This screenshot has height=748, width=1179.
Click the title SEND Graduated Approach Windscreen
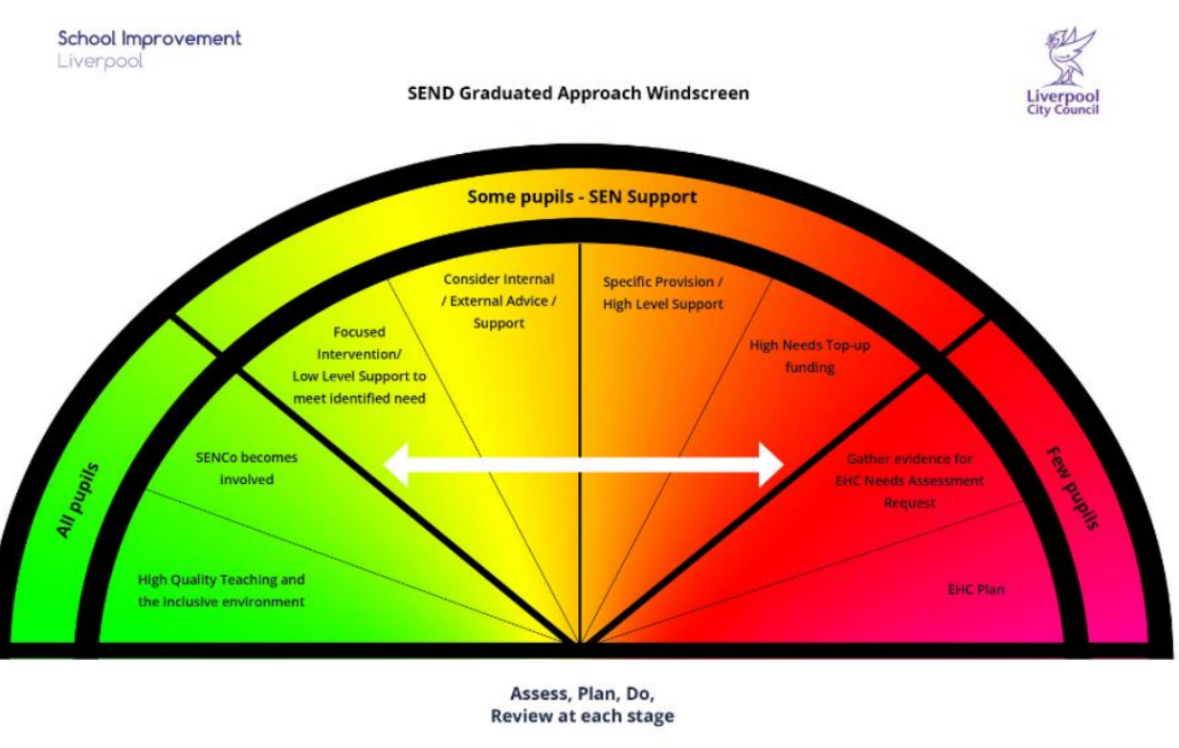(578, 93)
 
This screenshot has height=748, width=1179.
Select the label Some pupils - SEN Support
(582, 197)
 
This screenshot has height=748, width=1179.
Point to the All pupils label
(79, 499)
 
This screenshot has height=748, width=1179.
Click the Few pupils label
(1072, 488)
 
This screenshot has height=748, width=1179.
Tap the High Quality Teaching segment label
(221, 590)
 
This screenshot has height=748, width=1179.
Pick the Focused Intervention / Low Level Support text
(359, 364)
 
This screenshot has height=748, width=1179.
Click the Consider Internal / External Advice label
(499, 301)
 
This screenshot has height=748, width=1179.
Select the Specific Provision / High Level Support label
(662, 293)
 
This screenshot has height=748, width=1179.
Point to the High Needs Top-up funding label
(810, 356)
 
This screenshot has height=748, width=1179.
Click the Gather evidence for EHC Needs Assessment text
(909, 480)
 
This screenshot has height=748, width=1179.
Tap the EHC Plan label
(975, 589)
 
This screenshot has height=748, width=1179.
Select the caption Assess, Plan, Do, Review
(582, 705)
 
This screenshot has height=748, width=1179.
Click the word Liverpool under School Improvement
(100, 61)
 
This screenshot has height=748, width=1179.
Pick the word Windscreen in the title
(698, 93)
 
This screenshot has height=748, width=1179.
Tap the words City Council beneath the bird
(1062, 110)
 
